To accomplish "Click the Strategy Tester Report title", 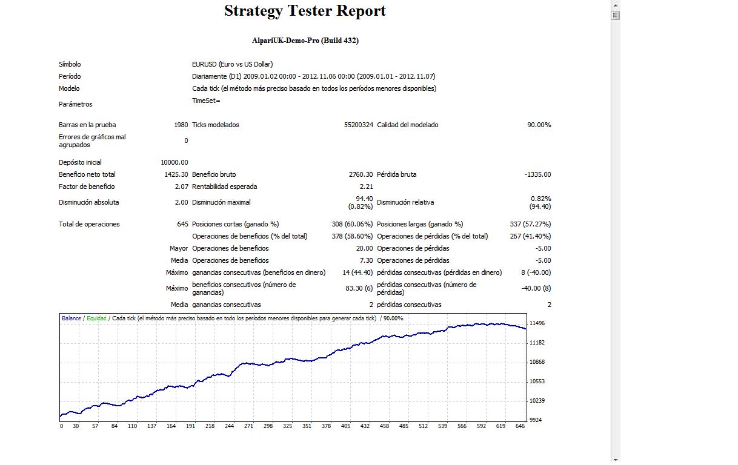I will pyautogui.click(x=305, y=11).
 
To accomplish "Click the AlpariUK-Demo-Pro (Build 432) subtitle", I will pyautogui.click(x=305, y=41).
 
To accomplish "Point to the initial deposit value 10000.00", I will pyautogui.click(x=175, y=162).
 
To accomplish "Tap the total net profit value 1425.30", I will pyautogui.click(x=176, y=174).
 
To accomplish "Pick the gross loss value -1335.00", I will pyautogui.click(x=537, y=174).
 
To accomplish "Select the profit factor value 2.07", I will pyautogui.click(x=181, y=186).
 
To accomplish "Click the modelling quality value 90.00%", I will pyautogui.click(x=539, y=125).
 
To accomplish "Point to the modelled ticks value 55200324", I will pyautogui.click(x=358, y=125).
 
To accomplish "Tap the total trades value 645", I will pyautogui.click(x=182, y=224).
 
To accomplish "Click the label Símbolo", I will pyautogui.click(x=70, y=64).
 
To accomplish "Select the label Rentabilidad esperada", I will pyautogui.click(x=224, y=186).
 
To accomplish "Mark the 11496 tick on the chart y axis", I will pyautogui.click(x=537, y=323).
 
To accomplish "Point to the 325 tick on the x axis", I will pyautogui.click(x=287, y=426).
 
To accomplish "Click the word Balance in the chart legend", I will pyautogui.click(x=71, y=318).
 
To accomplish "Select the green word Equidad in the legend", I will pyautogui.click(x=96, y=318).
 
